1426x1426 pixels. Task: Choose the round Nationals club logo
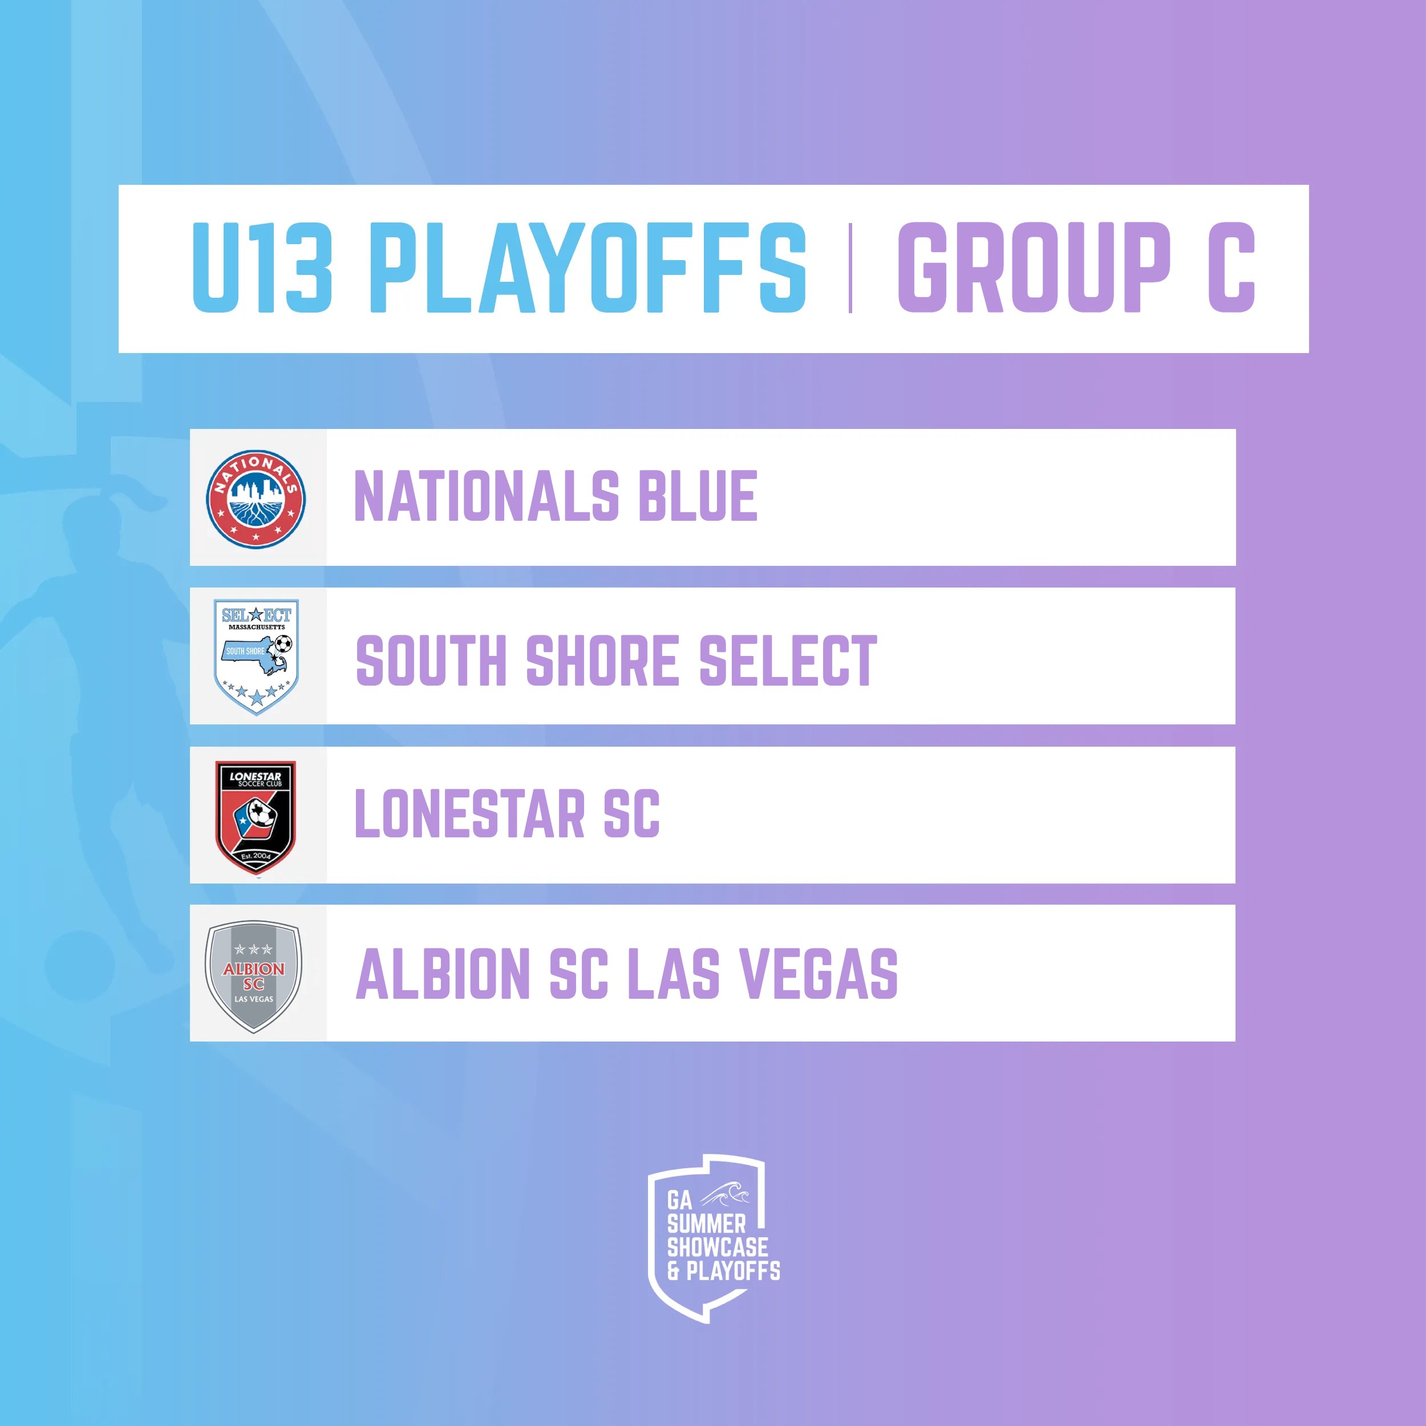point(256,499)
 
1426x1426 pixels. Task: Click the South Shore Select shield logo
point(256,656)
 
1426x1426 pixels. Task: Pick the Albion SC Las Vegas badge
point(254,976)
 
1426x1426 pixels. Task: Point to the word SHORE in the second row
point(602,660)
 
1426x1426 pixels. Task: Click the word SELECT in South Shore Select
point(788,660)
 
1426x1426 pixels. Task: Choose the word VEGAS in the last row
point(819,974)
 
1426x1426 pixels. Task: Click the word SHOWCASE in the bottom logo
point(718,1247)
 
